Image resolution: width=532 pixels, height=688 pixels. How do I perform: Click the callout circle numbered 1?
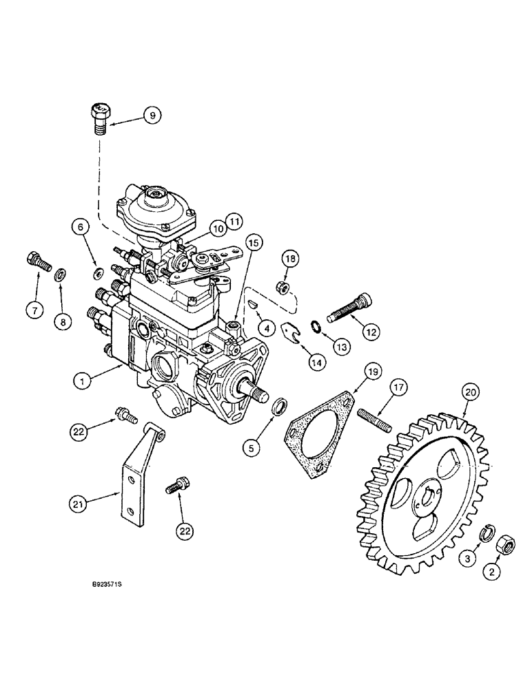point(83,378)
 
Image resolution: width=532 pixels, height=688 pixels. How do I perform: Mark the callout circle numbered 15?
point(252,243)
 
